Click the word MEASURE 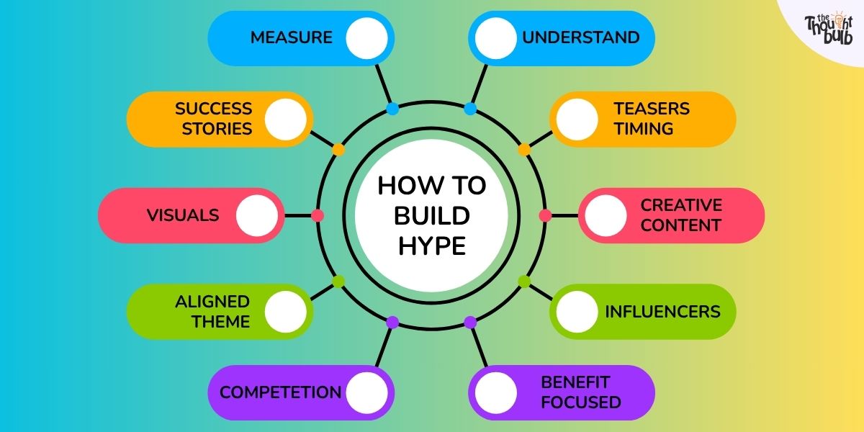click(x=291, y=37)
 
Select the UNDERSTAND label click(x=581, y=37)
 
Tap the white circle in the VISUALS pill click(x=257, y=215)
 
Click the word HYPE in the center click(x=432, y=246)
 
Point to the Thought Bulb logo click(x=829, y=28)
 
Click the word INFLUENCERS click(x=662, y=312)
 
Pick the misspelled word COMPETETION click(x=280, y=392)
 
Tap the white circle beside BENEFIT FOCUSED click(x=495, y=392)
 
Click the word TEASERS click(x=652, y=109)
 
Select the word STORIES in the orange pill click(x=217, y=129)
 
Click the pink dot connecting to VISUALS click(x=318, y=215)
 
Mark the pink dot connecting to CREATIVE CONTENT click(x=545, y=215)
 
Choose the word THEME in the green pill click(x=221, y=322)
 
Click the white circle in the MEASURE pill click(x=366, y=38)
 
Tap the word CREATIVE click(x=681, y=205)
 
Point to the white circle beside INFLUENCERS click(x=577, y=312)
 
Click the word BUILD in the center click(x=432, y=215)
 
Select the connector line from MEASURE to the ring click(x=383, y=84)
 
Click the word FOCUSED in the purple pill click(x=581, y=402)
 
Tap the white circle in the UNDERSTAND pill click(x=495, y=38)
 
